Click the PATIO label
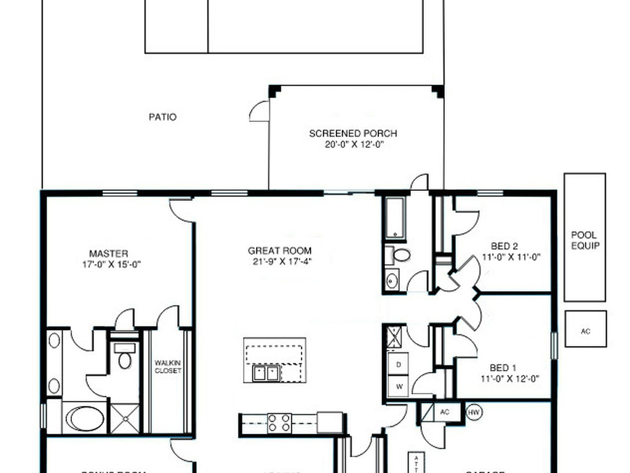162,116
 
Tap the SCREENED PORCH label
353,133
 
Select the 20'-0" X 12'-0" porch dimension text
353,145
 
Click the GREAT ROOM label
279,251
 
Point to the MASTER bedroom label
108,253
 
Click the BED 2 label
504,246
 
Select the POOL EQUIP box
584,237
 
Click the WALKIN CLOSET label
167,367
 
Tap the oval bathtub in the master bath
85,418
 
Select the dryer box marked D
398,364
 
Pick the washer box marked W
398,386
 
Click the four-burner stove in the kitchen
279,422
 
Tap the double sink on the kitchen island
266,373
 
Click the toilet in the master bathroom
125,358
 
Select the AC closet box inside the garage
445,412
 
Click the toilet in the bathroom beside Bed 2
401,254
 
